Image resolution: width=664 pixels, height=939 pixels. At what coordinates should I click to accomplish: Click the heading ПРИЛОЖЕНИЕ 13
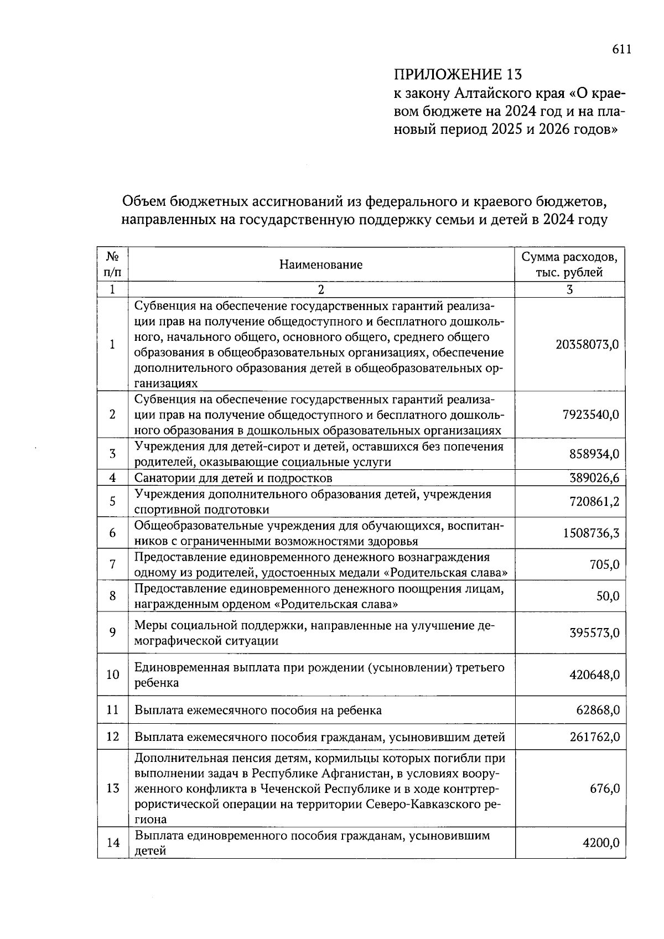coord(457,74)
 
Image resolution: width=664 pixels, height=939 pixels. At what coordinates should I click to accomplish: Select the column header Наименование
coord(321,264)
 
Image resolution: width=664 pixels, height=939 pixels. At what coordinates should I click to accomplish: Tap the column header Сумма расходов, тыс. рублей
coord(569,264)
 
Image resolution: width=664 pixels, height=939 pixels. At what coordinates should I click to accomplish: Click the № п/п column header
coord(112,264)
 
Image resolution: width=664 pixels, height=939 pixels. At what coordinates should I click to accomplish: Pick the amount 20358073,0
coord(587,344)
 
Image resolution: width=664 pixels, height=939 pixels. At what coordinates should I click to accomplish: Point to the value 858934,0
coord(594,454)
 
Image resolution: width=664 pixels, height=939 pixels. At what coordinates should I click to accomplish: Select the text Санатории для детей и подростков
coord(234,478)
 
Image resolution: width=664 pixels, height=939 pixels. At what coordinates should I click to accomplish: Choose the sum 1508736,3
coord(591,533)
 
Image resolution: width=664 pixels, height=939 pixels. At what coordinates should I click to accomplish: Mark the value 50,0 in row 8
coord(608,596)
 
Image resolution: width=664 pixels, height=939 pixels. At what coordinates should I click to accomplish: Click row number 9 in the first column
coord(112,632)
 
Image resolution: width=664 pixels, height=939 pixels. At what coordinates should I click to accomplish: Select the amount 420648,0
coord(594,675)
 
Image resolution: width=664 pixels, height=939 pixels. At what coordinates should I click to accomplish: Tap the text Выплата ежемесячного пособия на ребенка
coord(258,710)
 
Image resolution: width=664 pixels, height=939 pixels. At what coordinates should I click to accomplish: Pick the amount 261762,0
coord(594,736)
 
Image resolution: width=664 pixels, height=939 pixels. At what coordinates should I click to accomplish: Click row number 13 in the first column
coord(112,788)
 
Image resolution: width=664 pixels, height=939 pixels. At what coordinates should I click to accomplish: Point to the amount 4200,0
coord(601,843)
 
